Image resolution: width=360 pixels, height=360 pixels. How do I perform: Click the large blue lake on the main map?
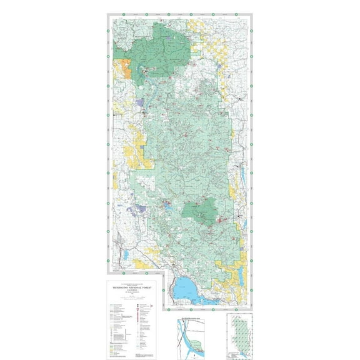click(188, 290)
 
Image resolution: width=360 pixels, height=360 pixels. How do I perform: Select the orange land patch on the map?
click(122, 68)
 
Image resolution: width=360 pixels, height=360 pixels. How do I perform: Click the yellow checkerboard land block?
click(206, 40)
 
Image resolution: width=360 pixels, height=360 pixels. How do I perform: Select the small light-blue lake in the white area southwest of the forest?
click(126, 256)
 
